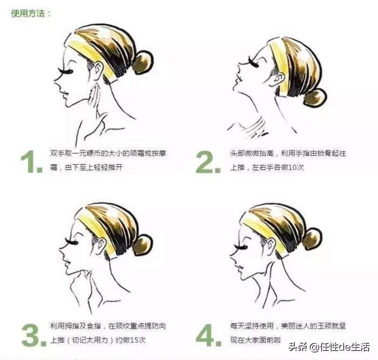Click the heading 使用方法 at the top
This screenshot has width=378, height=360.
tap(31, 13)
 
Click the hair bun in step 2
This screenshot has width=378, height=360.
tap(315, 97)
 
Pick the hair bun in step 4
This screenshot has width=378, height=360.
tap(314, 239)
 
